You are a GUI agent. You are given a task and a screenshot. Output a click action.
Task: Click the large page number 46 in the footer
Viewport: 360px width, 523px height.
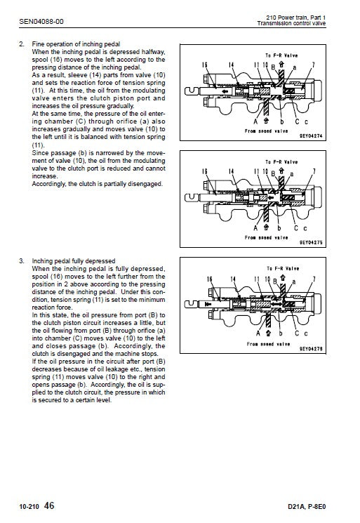click(x=49, y=505)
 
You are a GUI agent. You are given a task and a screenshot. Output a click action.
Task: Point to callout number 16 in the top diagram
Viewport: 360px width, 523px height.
click(x=204, y=65)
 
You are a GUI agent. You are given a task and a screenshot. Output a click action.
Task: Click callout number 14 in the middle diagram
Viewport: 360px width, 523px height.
click(x=230, y=171)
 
